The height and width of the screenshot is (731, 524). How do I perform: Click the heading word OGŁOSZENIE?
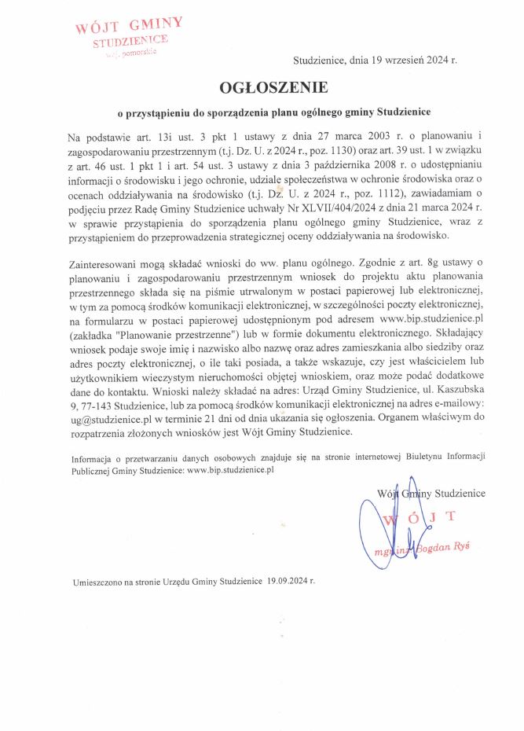(262, 86)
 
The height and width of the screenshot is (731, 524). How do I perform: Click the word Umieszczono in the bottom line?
(101, 582)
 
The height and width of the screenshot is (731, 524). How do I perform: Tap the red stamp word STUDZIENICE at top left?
(130, 40)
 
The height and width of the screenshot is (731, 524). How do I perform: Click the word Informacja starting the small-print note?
(90, 457)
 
